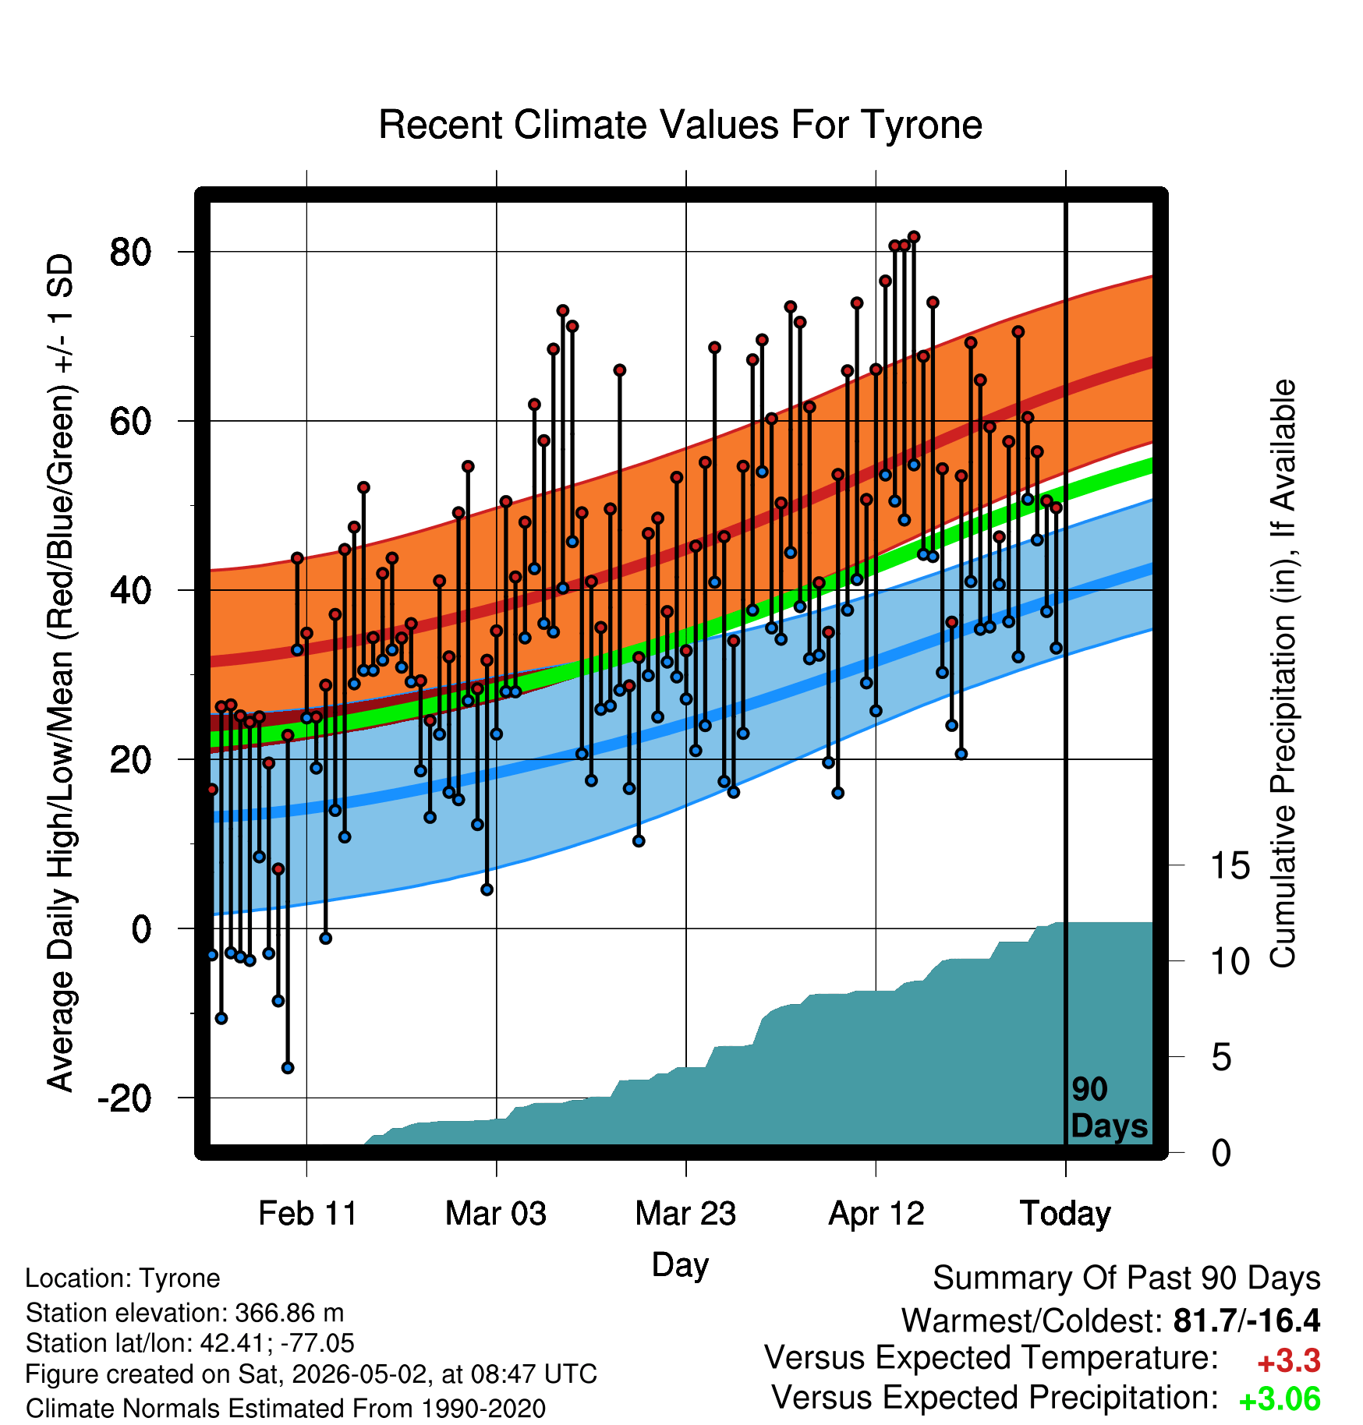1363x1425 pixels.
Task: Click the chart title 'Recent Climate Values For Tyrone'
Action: pos(680,125)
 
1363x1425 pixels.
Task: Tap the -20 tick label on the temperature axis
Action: pos(125,1098)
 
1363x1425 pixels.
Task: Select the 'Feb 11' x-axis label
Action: pos(307,1214)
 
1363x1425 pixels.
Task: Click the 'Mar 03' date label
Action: pos(496,1214)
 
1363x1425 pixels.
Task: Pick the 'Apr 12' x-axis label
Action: pos(876,1214)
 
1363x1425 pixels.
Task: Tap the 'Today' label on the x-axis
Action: pos(1065,1214)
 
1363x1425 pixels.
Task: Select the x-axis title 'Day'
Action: pos(680,1265)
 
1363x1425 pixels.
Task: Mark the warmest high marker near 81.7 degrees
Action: pos(914,237)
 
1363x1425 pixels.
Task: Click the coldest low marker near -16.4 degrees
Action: pos(288,1068)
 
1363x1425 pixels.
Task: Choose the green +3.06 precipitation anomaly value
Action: pos(1280,1399)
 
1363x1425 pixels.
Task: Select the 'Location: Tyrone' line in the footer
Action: pos(122,1278)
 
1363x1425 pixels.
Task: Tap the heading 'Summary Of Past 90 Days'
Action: pos(1127,1278)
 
